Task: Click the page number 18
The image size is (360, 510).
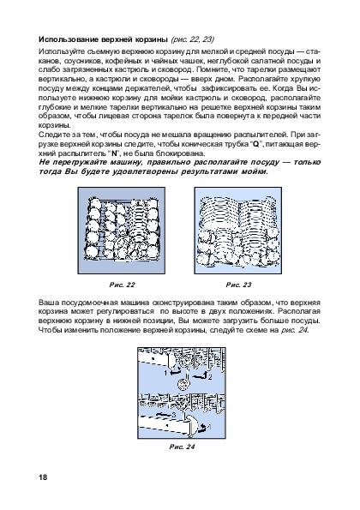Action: pyautogui.click(x=43, y=477)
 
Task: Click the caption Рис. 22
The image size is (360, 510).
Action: pyautogui.click(x=122, y=285)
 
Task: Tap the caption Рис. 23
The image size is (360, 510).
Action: pyautogui.click(x=238, y=285)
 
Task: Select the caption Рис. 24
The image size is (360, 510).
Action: pyautogui.click(x=182, y=447)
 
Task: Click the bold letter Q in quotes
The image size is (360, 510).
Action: pyautogui.click(x=255, y=144)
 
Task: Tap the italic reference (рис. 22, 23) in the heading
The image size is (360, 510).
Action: pyautogui.click(x=192, y=39)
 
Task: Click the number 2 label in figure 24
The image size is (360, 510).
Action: pyautogui.click(x=210, y=377)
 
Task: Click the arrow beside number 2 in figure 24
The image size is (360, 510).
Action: pyautogui.click(x=200, y=376)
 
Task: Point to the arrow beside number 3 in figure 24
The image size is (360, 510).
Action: pyautogui.click(x=164, y=415)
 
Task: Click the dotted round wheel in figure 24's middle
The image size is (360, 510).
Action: pyautogui.click(x=183, y=386)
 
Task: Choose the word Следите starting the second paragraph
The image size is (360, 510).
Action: pyautogui.click(x=51, y=135)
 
